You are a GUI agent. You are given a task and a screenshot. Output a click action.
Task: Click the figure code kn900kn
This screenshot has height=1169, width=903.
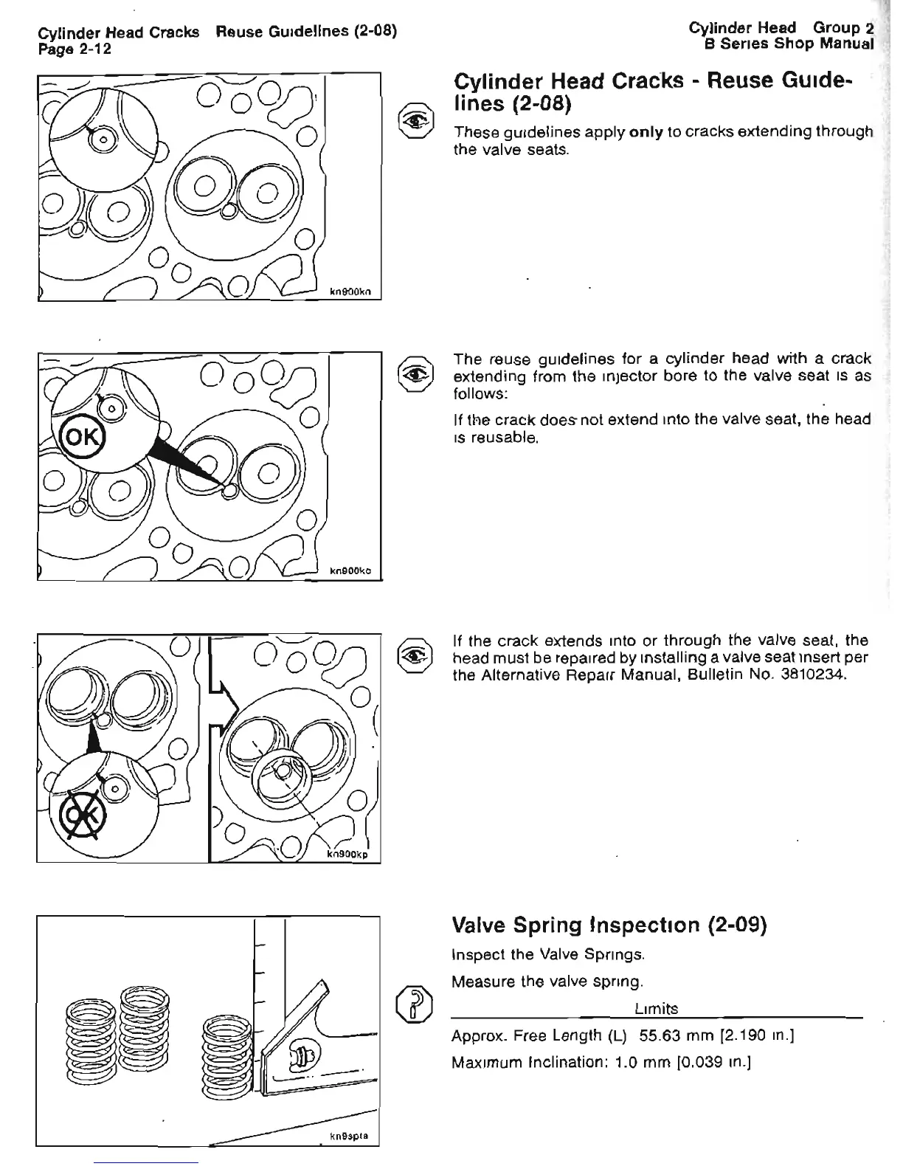354,292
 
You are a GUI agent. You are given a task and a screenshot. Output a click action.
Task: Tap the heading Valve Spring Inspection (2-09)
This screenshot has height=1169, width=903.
609,925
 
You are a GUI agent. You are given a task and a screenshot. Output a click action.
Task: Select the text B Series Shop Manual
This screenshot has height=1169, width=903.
789,44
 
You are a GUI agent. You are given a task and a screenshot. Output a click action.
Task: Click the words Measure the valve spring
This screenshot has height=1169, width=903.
547,982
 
